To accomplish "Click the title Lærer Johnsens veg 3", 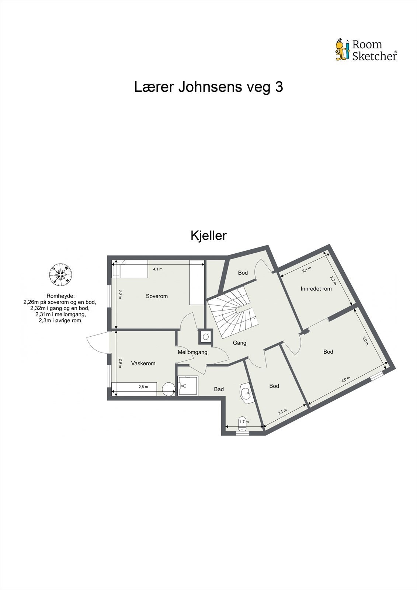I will pos(208,87).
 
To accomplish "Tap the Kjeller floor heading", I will pos(208,236).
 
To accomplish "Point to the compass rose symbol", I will pos(60,274).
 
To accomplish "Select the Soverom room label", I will pos(157,296).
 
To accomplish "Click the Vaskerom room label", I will pos(143,363).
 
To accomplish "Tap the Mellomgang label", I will pos(192,352).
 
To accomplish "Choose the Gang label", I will pos(240,343).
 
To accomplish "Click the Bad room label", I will pos(219,389).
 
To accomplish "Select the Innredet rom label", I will pos(316,289).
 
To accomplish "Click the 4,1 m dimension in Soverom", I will pos(158,269).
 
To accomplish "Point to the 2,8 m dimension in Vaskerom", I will pos(143,387).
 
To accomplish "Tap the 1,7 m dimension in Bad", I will pos(244,421).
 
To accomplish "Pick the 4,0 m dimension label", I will pos(345,380).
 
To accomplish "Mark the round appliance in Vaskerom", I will pos(168,389).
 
